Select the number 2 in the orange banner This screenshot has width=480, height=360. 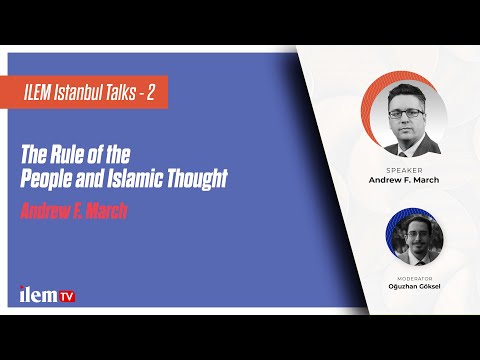[x=152, y=93]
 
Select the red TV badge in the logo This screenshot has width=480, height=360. [x=66, y=296]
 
